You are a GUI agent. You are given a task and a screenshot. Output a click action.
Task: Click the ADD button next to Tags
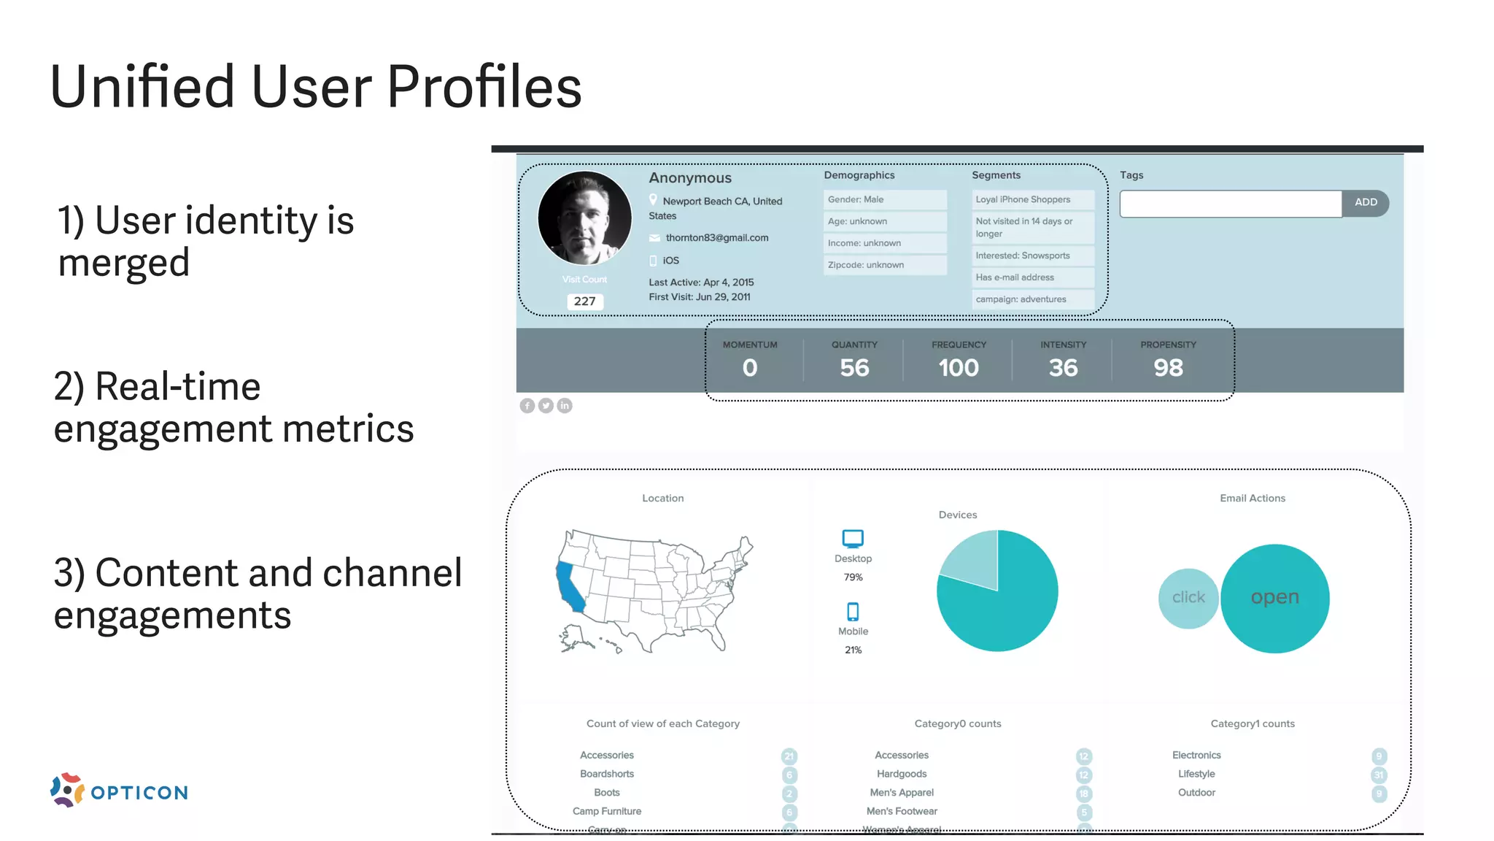coord(1365,203)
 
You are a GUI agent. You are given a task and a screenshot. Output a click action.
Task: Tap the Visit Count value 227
coord(584,302)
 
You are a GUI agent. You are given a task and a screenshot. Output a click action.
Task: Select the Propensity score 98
coord(1168,368)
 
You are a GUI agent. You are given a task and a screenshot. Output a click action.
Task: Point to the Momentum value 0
coord(750,368)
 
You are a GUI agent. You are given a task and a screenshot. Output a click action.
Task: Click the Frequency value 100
coord(959,368)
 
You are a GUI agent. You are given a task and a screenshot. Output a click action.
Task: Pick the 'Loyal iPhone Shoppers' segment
coord(1032,200)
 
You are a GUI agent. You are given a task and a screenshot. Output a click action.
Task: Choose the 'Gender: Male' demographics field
coord(884,200)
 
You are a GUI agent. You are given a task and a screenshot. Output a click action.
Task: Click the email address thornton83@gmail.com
coord(716,238)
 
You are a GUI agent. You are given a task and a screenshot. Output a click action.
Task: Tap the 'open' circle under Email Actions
coord(1274,598)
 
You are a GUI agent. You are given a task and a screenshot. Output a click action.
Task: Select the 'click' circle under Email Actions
coord(1188,598)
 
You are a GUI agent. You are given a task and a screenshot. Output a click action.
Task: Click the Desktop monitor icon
coord(853,539)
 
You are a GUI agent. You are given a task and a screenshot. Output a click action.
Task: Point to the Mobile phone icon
coord(853,611)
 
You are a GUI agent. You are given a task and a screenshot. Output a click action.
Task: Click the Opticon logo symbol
coord(67,790)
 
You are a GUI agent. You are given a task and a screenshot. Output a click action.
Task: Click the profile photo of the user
coord(584,218)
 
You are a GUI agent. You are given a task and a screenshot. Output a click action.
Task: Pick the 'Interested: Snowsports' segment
coord(1032,256)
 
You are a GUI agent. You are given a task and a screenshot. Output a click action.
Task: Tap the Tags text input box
coord(1230,204)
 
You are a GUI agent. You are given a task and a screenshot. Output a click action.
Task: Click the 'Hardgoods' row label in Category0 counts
coord(902,774)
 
